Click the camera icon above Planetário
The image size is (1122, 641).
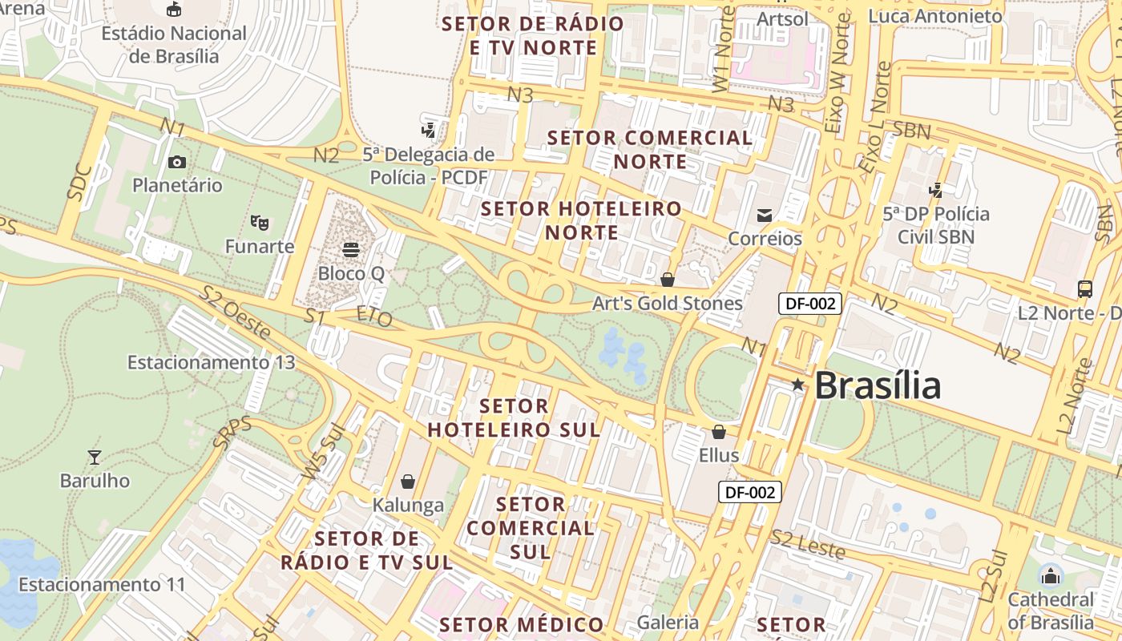(176, 163)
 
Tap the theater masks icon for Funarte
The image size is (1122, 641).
(258, 222)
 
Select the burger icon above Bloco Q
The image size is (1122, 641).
(350, 249)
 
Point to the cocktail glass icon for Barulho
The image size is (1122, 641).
(95, 458)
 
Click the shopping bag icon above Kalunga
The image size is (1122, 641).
(408, 482)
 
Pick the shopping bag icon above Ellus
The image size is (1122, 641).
(718, 432)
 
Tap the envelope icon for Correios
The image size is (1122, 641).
(764, 215)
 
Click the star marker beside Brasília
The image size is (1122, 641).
(797, 385)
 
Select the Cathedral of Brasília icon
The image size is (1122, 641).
(1050, 575)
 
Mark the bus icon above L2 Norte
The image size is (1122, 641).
(1084, 289)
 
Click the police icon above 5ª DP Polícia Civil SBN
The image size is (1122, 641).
(935, 191)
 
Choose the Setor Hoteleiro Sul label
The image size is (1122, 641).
(514, 417)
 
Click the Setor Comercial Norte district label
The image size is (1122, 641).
(650, 149)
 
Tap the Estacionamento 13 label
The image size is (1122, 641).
(212, 362)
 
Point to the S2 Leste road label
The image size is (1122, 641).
(808, 545)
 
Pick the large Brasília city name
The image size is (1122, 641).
(878, 386)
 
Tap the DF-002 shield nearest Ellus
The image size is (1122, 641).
(749, 492)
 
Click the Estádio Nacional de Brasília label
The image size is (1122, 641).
(174, 45)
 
